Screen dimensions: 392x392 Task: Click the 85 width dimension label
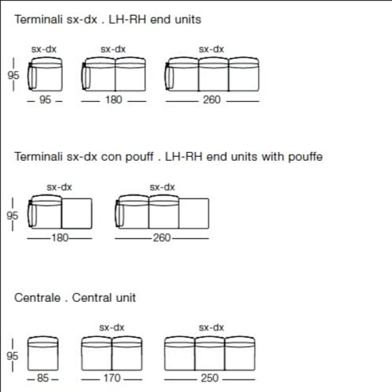42,378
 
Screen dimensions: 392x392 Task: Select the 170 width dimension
112,378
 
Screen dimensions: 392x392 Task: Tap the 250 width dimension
210,378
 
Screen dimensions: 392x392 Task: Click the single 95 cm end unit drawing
44,74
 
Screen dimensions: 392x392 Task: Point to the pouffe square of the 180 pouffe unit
76,214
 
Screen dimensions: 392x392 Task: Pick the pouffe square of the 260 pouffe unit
194,214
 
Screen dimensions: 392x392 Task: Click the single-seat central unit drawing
42,353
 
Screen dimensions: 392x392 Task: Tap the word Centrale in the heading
37,298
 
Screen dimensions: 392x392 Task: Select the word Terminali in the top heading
39,20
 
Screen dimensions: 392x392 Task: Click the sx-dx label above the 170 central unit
112,327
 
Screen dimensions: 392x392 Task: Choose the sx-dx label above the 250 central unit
211,327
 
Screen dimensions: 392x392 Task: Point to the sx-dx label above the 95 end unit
44,49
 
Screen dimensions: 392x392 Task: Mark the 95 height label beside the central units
12,356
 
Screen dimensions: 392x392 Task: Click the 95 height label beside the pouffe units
12,216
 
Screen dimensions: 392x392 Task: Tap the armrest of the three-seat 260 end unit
169,76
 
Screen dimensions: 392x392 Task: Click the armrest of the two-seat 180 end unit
86,76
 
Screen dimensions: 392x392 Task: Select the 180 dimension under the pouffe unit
59,238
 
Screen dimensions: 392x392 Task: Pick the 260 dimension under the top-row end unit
212,100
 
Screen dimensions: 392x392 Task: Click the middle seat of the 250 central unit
210,353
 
